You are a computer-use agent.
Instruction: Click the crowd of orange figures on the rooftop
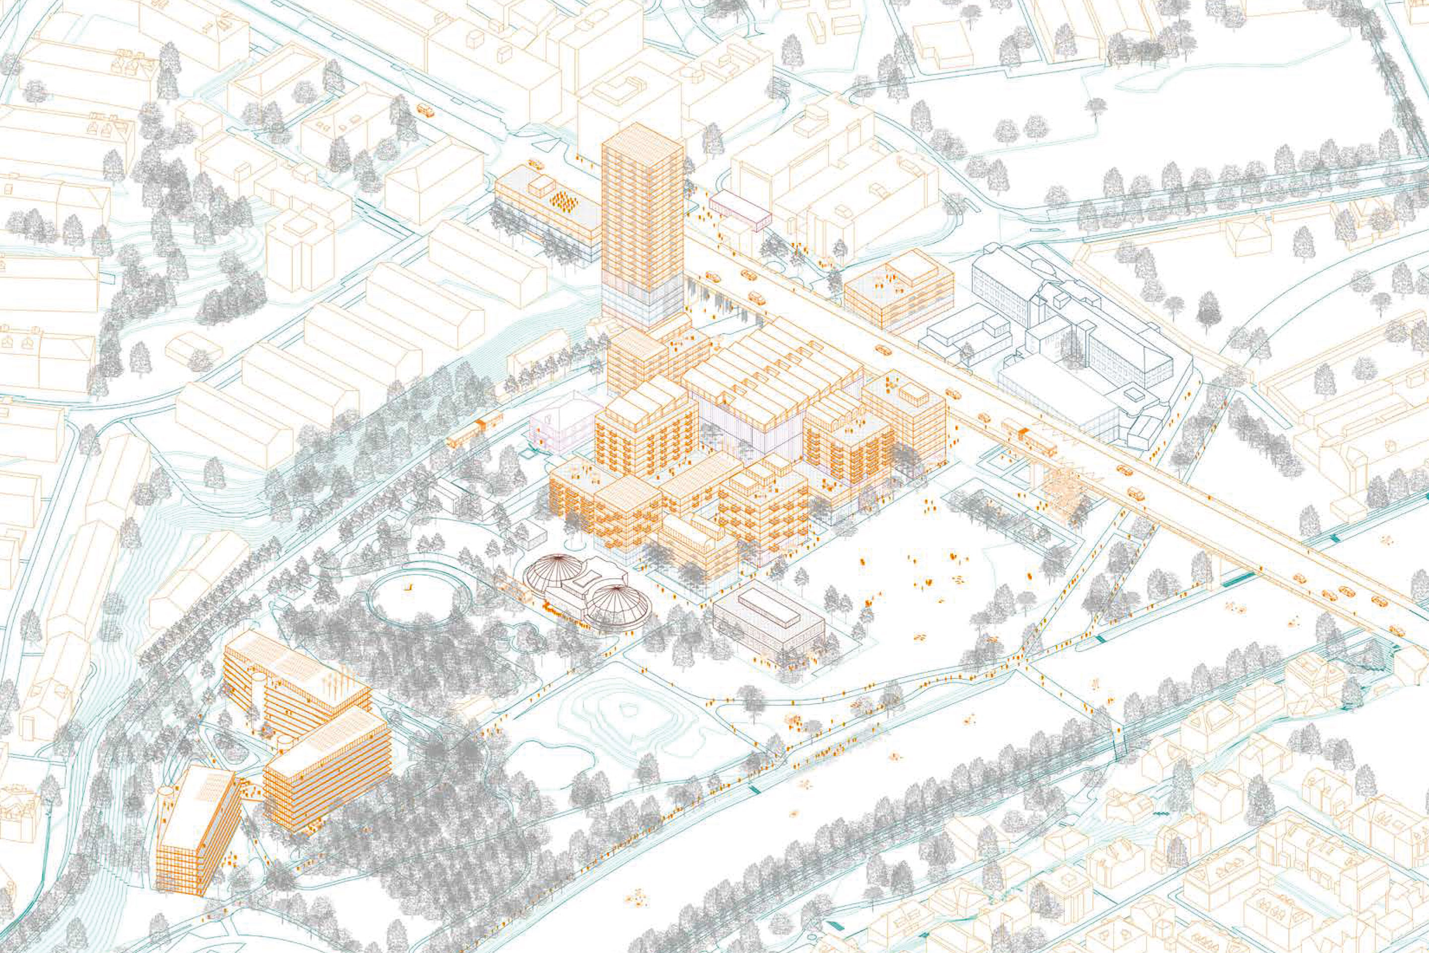point(563,201)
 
